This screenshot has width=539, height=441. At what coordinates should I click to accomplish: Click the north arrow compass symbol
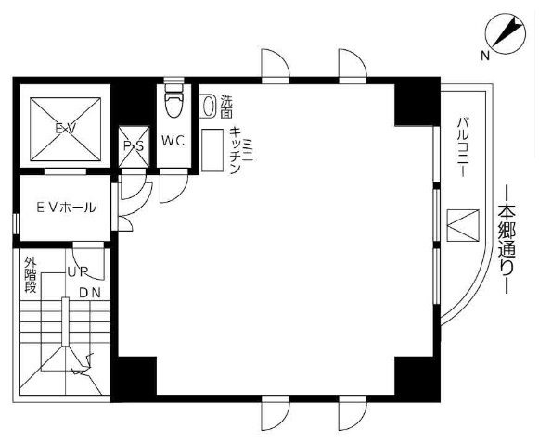tap(505, 34)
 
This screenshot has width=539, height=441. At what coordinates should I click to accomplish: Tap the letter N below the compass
tap(484, 57)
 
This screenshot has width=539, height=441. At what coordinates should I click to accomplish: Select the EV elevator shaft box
tap(63, 129)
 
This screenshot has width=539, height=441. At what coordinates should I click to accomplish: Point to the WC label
tap(173, 142)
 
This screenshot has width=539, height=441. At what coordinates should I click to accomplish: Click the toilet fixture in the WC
tap(173, 102)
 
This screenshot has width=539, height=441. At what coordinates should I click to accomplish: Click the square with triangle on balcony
tap(460, 224)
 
